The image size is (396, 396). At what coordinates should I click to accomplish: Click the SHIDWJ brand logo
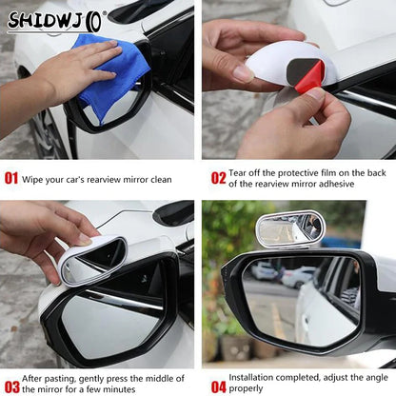[57, 18]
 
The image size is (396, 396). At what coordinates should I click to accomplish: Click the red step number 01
[11, 177]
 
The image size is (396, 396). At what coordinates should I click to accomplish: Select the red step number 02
[218, 177]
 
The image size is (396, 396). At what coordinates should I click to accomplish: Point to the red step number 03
[11, 386]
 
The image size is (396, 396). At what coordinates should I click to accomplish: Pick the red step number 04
[218, 386]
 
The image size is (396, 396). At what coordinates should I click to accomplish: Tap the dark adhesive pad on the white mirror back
[302, 68]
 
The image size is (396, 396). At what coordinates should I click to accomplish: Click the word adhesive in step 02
[346, 184]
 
